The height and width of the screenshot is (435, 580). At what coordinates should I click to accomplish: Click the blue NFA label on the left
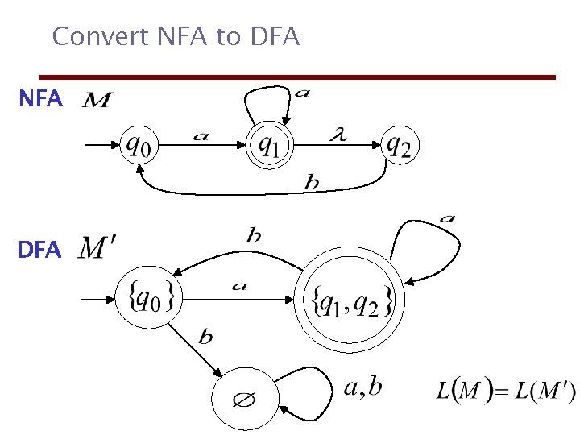pos(40,99)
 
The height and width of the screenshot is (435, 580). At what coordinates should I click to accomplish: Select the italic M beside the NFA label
pos(98,101)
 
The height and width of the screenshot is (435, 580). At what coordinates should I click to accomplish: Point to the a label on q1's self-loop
pos(301,93)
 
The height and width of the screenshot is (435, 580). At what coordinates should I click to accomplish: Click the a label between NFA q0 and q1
pos(201,136)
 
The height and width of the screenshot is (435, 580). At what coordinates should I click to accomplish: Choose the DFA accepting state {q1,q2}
pos(351,300)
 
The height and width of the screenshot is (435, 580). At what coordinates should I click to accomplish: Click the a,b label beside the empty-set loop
pos(362,388)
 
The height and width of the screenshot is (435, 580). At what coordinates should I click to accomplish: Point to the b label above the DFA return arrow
pos(254,236)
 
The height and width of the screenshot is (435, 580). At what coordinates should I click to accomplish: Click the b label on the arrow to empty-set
pos(205,338)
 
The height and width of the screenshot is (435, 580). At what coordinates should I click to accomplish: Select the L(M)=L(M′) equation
pos(506,393)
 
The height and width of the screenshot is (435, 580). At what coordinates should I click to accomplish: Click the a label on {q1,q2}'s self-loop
pos(447,217)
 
